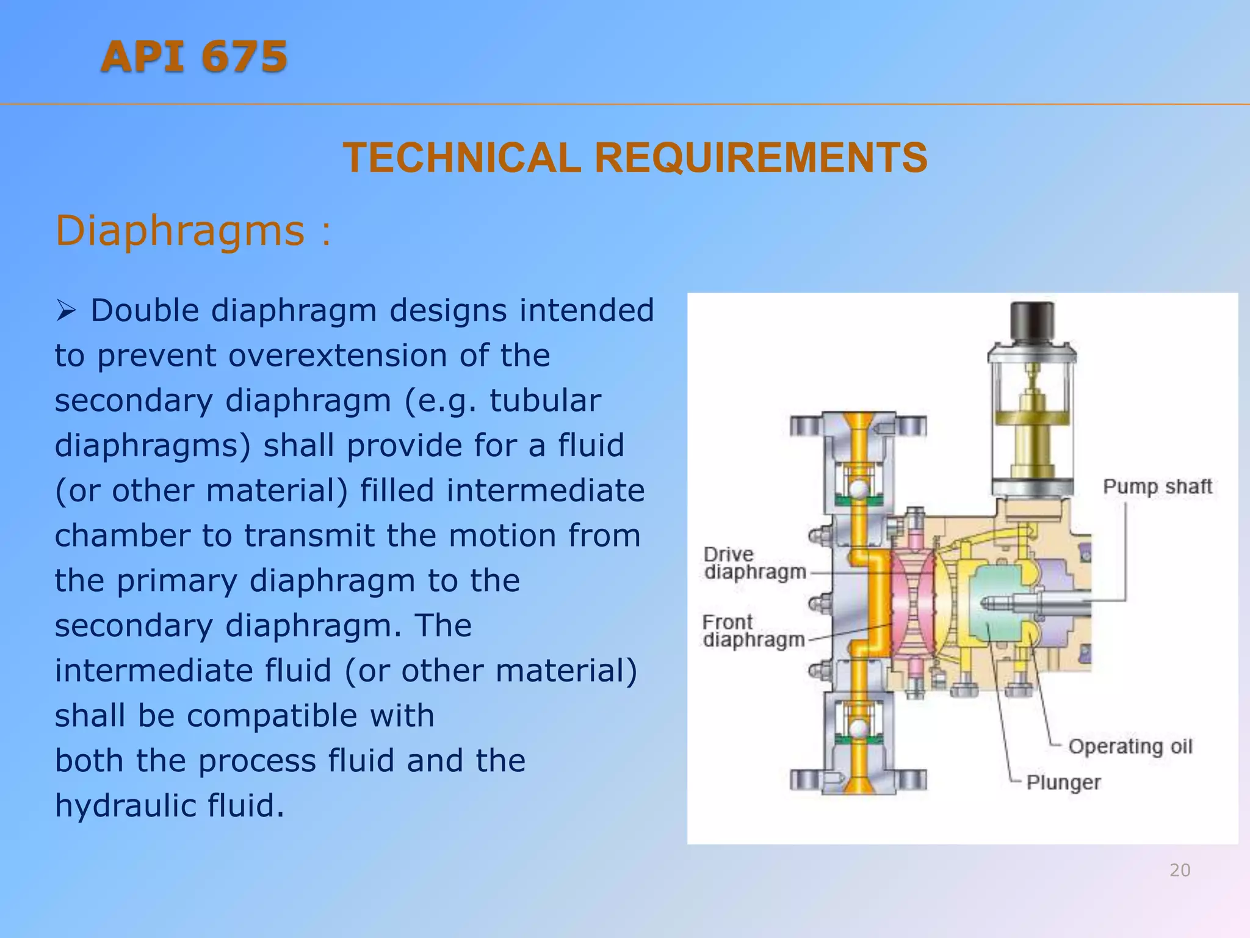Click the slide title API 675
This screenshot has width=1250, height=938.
pos(194,57)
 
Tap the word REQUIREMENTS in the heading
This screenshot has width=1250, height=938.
pos(760,158)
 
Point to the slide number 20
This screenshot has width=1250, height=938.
pos(1180,870)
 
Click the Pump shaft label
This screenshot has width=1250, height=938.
pos(1157,487)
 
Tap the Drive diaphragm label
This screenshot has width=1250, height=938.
pos(754,563)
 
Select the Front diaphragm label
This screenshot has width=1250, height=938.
pos(753,631)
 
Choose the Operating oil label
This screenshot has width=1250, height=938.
pos(1130,746)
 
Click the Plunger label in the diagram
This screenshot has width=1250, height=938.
pos(1063,782)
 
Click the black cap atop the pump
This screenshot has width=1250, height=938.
pos(1032,321)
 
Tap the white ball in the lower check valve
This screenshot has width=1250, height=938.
pos(859,729)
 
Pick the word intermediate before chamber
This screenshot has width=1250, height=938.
pos(545,490)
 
